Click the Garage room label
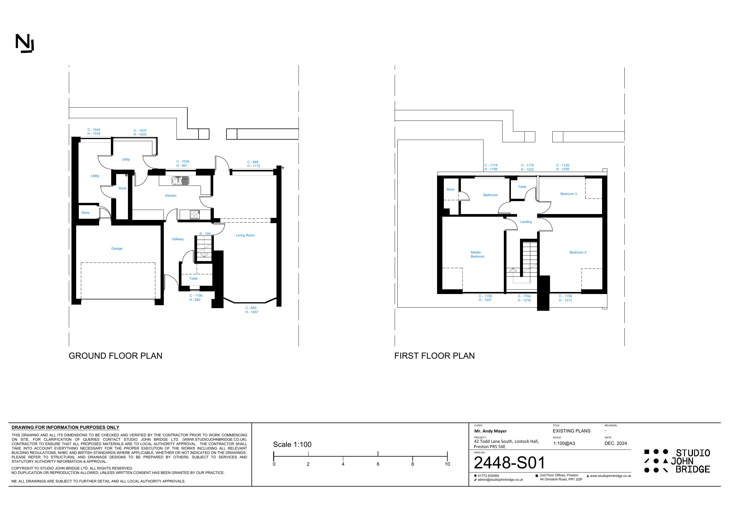pos(117,249)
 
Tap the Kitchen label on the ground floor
pos(171,196)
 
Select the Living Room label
pos(245,235)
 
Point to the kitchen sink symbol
pos(180,181)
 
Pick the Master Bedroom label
pos(477,254)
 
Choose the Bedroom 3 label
pos(569,194)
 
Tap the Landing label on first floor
pos(526,222)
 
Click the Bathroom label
pos(490,195)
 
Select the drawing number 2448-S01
pos(509,462)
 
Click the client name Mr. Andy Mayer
pos(490,431)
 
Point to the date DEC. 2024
pos(616,443)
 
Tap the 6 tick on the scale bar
pos(378,464)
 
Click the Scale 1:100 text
pos(292,445)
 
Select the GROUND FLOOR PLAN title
pos(115,356)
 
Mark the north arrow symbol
pos(24,44)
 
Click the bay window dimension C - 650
pos(251,308)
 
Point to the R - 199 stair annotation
pos(205,234)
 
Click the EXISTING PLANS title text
pos(571,431)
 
